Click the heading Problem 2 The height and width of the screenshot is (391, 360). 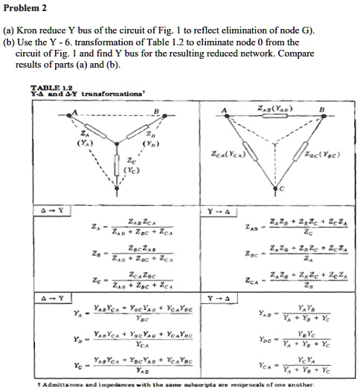point(25,8)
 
